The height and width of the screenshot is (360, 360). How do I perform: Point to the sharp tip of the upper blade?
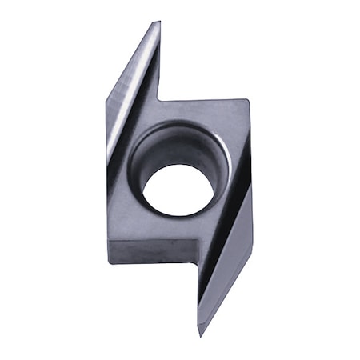click(158, 22)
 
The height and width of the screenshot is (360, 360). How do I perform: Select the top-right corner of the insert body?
click(249, 101)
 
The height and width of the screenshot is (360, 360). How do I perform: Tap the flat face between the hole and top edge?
click(200, 112)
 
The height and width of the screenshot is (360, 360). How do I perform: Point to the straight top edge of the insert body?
click(204, 101)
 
